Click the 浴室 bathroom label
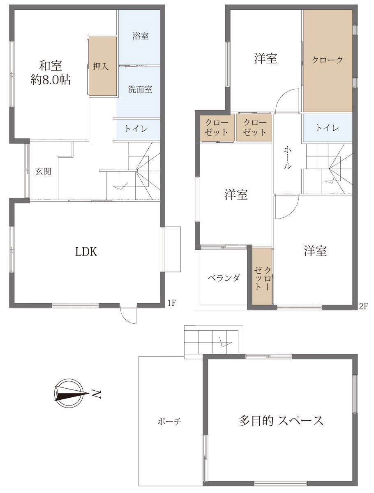[141, 36]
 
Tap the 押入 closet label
[101, 66]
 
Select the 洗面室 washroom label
[140, 90]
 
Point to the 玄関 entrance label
[43, 171]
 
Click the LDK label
[86, 252]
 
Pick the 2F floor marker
[363, 306]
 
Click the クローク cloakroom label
[328, 60]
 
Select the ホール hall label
[287, 157]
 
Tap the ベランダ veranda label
[224, 278]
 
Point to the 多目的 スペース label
[281, 421]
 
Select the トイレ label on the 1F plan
[136, 129]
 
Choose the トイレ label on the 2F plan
[327, 128]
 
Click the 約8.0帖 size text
[51, 80]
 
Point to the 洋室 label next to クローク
[266, 58]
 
